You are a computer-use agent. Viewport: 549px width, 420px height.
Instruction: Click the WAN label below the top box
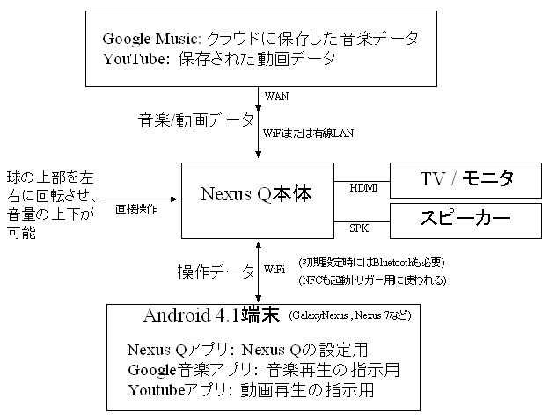(x=276, y=96)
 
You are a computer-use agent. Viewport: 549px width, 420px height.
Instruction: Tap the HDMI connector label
(x=363, y=188)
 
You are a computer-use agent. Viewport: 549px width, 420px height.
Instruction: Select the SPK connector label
(x=359, y=228)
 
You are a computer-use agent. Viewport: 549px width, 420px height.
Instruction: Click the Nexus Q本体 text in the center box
(x=256, y=194)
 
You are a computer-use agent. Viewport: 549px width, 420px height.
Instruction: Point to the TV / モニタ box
(x=465, y=180)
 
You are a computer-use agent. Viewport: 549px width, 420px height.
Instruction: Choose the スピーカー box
(x=465, y=221)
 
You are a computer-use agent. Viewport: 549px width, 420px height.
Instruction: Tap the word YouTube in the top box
(x=134, y=59)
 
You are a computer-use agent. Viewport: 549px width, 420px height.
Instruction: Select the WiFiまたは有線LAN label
(x=308, y=134)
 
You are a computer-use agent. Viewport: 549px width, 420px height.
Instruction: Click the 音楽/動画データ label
(x=195, y=120)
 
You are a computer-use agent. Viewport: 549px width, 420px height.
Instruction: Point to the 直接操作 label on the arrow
(x=136, y=209)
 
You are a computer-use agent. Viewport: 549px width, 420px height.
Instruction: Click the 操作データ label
(x=216, y=272)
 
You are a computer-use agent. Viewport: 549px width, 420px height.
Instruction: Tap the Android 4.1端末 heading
(x=211, y=315)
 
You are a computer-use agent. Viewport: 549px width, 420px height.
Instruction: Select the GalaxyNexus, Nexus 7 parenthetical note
(x=350, y=315)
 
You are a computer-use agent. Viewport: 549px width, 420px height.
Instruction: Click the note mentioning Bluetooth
(x=371, y=263)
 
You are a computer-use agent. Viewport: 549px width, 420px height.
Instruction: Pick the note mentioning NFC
(x=372, y=279)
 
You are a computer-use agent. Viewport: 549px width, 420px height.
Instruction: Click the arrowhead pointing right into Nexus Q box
(x=173, y=199)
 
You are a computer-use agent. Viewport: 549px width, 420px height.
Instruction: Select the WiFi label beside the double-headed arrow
(x=274, y=269)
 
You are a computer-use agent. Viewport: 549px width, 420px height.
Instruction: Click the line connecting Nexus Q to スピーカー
(x=362, y=221)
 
